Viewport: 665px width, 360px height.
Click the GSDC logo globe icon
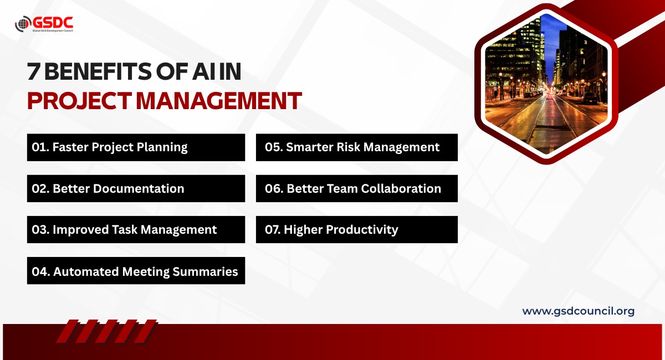click(23, 24)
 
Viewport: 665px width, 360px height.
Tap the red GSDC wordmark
click(53, 23)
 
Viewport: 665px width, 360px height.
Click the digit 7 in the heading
click(33, 71)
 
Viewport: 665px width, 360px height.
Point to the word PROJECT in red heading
click(79, 101)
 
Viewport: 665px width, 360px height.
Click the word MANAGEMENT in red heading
click(219, 101)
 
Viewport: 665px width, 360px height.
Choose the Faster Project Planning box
click(136, 147)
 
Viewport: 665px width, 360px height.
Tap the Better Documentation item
click(136, 188)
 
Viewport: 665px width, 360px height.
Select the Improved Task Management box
click(136, 229)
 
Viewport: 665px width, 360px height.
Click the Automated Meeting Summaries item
click(136, 271)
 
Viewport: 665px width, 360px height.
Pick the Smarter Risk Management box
click(357, 147)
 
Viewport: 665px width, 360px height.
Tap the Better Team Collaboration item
click(357, 188)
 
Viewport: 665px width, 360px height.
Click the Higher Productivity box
click(357, 229)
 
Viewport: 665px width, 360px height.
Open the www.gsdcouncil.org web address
click(579, 311)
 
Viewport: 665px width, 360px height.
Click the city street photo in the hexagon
click(546, 84)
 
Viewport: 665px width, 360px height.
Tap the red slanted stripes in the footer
click(107, 331)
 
